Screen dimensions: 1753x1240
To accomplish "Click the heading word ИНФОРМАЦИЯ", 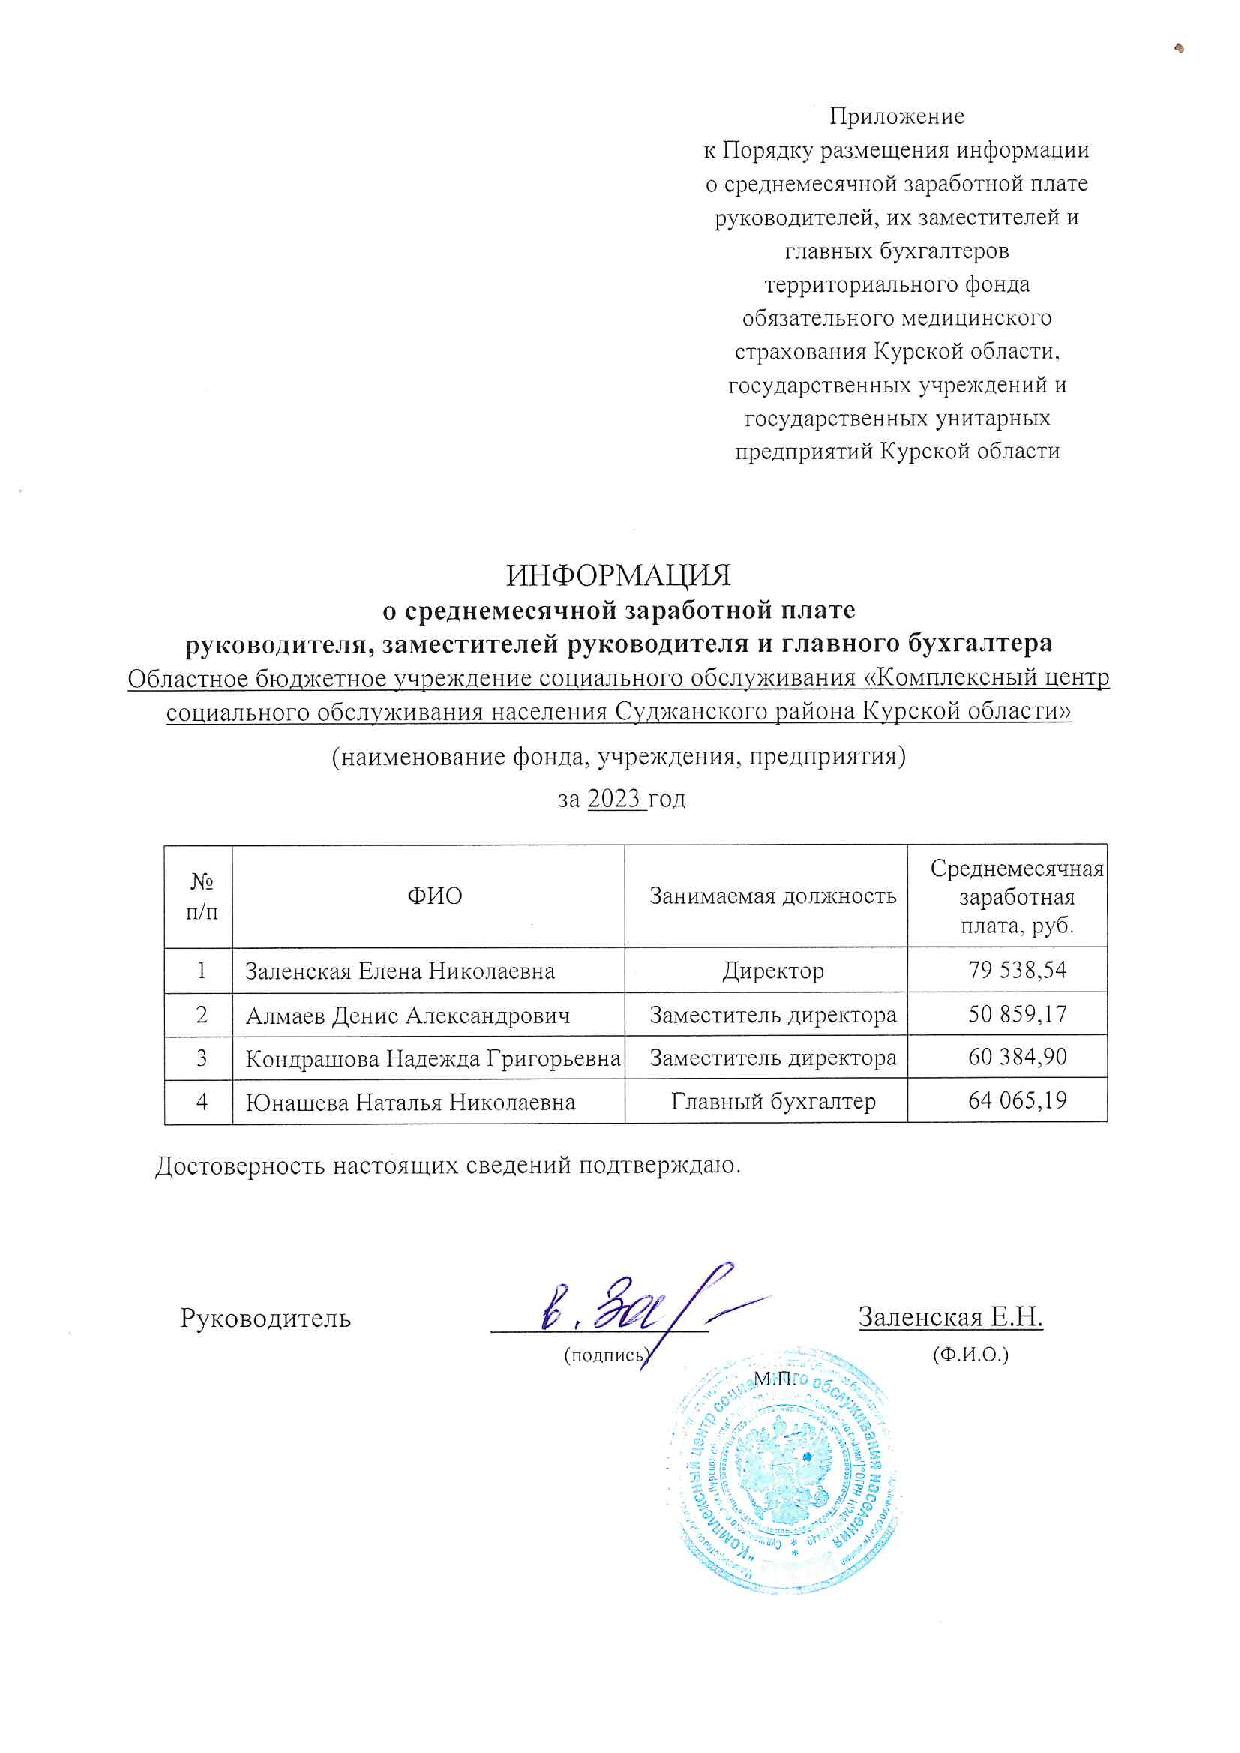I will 618,576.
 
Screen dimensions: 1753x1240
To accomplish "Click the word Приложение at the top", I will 897,116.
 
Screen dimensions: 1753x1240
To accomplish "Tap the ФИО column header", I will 434,896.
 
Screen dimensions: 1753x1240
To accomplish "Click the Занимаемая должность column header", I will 772,896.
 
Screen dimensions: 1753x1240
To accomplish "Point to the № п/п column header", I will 201,896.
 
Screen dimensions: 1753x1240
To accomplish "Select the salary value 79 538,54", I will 1017,970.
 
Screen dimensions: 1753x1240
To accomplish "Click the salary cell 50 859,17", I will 1017,1014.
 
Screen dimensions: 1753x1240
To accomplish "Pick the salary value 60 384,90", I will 1017,1057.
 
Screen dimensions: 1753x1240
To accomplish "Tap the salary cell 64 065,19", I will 1017,1101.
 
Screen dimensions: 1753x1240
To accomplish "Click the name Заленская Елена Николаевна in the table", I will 400,971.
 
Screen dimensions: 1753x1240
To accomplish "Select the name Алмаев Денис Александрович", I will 408,1015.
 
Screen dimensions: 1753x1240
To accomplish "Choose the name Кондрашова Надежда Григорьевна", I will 432,1058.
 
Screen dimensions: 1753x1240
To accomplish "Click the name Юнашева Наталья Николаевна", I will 410,1102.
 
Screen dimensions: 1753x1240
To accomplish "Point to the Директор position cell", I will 772,971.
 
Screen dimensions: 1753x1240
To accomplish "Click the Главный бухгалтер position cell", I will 772,1102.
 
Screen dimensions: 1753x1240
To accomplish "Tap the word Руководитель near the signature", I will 265,1318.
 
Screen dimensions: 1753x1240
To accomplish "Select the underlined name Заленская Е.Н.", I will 950,1317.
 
